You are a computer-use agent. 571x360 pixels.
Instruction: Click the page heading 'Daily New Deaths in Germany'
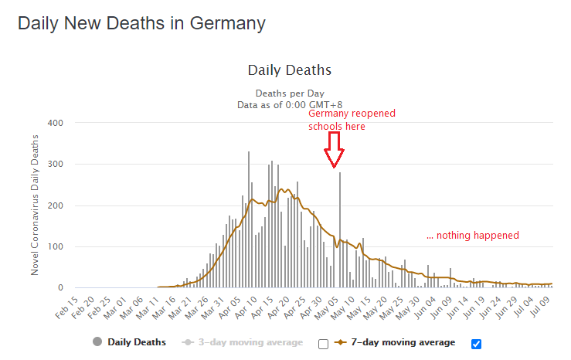click(141, 23)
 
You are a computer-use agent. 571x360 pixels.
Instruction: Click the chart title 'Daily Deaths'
click(290, 70)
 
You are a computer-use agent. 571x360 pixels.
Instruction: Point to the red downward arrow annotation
click(334, 150)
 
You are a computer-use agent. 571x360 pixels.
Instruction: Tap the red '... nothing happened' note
click(472, 235)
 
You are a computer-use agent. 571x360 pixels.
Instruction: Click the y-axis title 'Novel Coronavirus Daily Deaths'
click(35, 204)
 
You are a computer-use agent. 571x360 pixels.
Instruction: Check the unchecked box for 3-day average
click(323, 344)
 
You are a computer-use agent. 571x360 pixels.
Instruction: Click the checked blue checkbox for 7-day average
click(476, 344)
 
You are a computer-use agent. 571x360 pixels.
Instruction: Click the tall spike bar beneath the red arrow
click(339, 232)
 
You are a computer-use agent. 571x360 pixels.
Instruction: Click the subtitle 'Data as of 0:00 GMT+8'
click(290, 104)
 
